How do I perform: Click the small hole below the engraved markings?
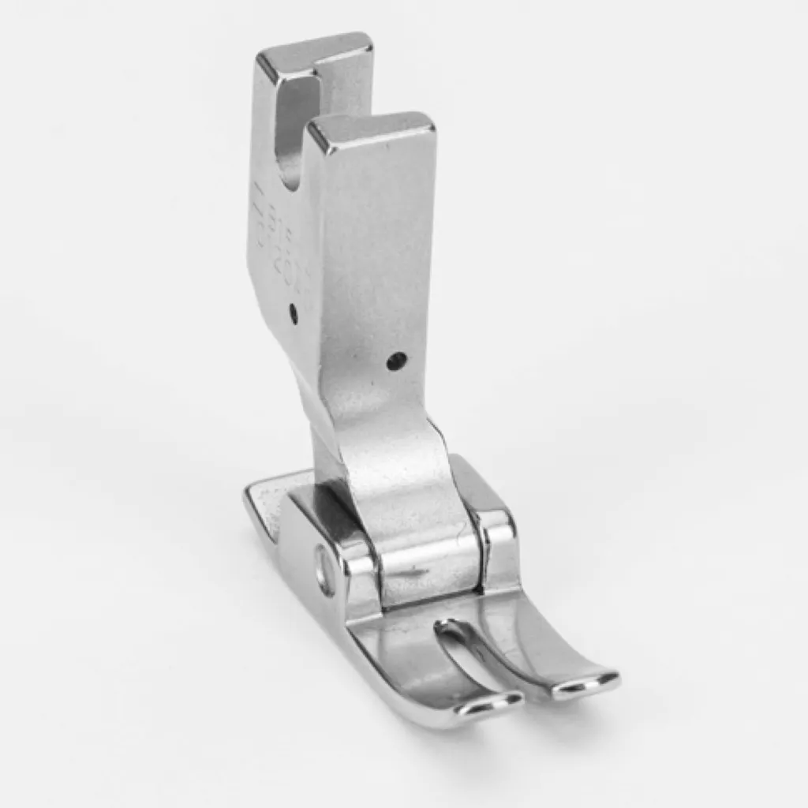click(293, 313)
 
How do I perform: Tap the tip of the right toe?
click(588, 683)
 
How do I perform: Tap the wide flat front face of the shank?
click(379, 260)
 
